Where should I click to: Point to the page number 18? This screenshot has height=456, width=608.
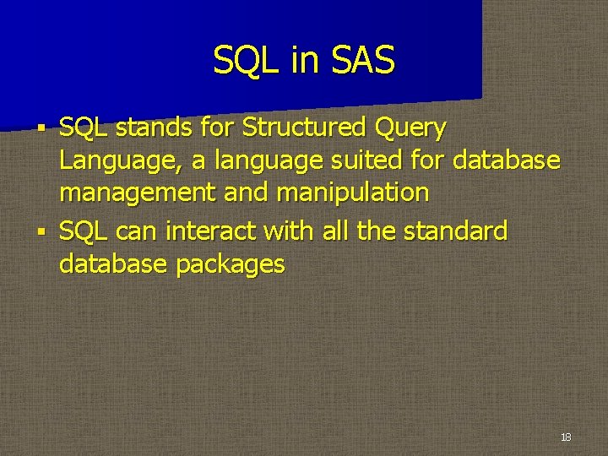click(565, 437)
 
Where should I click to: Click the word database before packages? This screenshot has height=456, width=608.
click(113, 263)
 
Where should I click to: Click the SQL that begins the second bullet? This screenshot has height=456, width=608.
click(84, 231)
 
